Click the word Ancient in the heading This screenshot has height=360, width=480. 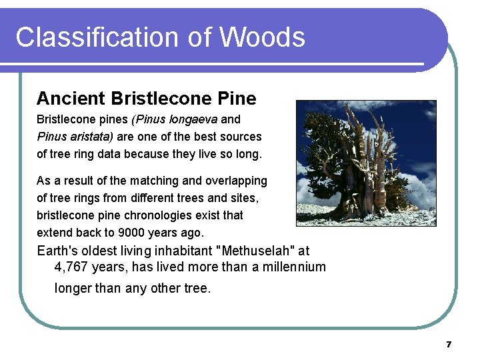71,99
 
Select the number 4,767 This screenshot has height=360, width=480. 71,267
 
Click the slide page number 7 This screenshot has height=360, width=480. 449,345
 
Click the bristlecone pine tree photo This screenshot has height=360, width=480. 366,163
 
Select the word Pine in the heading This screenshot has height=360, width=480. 237,99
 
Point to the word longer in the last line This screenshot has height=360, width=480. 73,289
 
